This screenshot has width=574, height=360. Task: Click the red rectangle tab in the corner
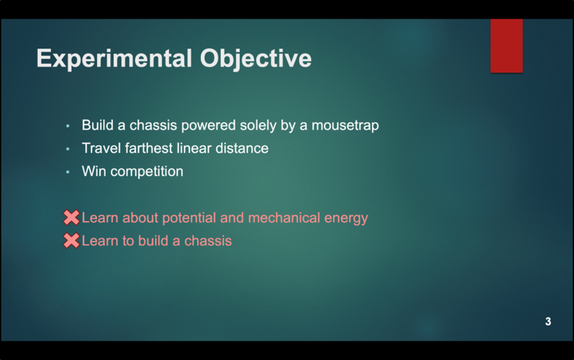tap(506, 45)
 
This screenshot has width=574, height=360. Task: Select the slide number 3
tap(548, 322)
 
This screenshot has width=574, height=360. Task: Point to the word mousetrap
tap(344, 126)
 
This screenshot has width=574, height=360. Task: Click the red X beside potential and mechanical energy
tap(71, 218)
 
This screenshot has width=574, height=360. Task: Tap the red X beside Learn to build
tap(71, 241)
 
